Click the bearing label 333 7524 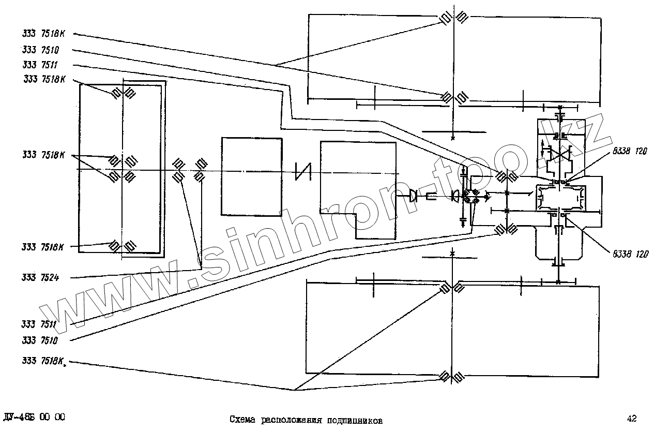pos(40,278)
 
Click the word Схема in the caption pos(243,420)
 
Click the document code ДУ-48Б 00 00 pos(34,418)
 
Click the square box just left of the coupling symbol pos(251,176)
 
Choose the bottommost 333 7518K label pos(44,361)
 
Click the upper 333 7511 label pos(40,65)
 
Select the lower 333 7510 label pos(40,341)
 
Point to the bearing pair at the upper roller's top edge pos(453,18)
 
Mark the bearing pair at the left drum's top pos(123,93)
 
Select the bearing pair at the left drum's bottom pos(123,245)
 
